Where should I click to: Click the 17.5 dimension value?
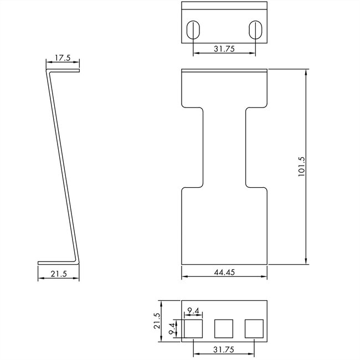tap(62, 58)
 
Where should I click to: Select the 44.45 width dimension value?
tap(224, 272)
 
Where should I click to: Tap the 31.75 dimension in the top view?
tap(224, 48)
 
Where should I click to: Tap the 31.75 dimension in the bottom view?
tap(224, 349)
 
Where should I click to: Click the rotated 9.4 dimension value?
tap(172, 329)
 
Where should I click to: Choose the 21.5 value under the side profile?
tap(59, 274)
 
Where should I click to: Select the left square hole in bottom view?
tap(193, 329)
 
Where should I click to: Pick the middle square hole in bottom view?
tap(224, 329)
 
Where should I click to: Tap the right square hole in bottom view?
tap(255, 329)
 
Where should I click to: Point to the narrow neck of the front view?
tap(224, 147)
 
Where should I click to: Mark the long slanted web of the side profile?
tap(62, 166)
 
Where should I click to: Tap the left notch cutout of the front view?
tap(192, 147)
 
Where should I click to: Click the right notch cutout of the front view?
tap(256, 147)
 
